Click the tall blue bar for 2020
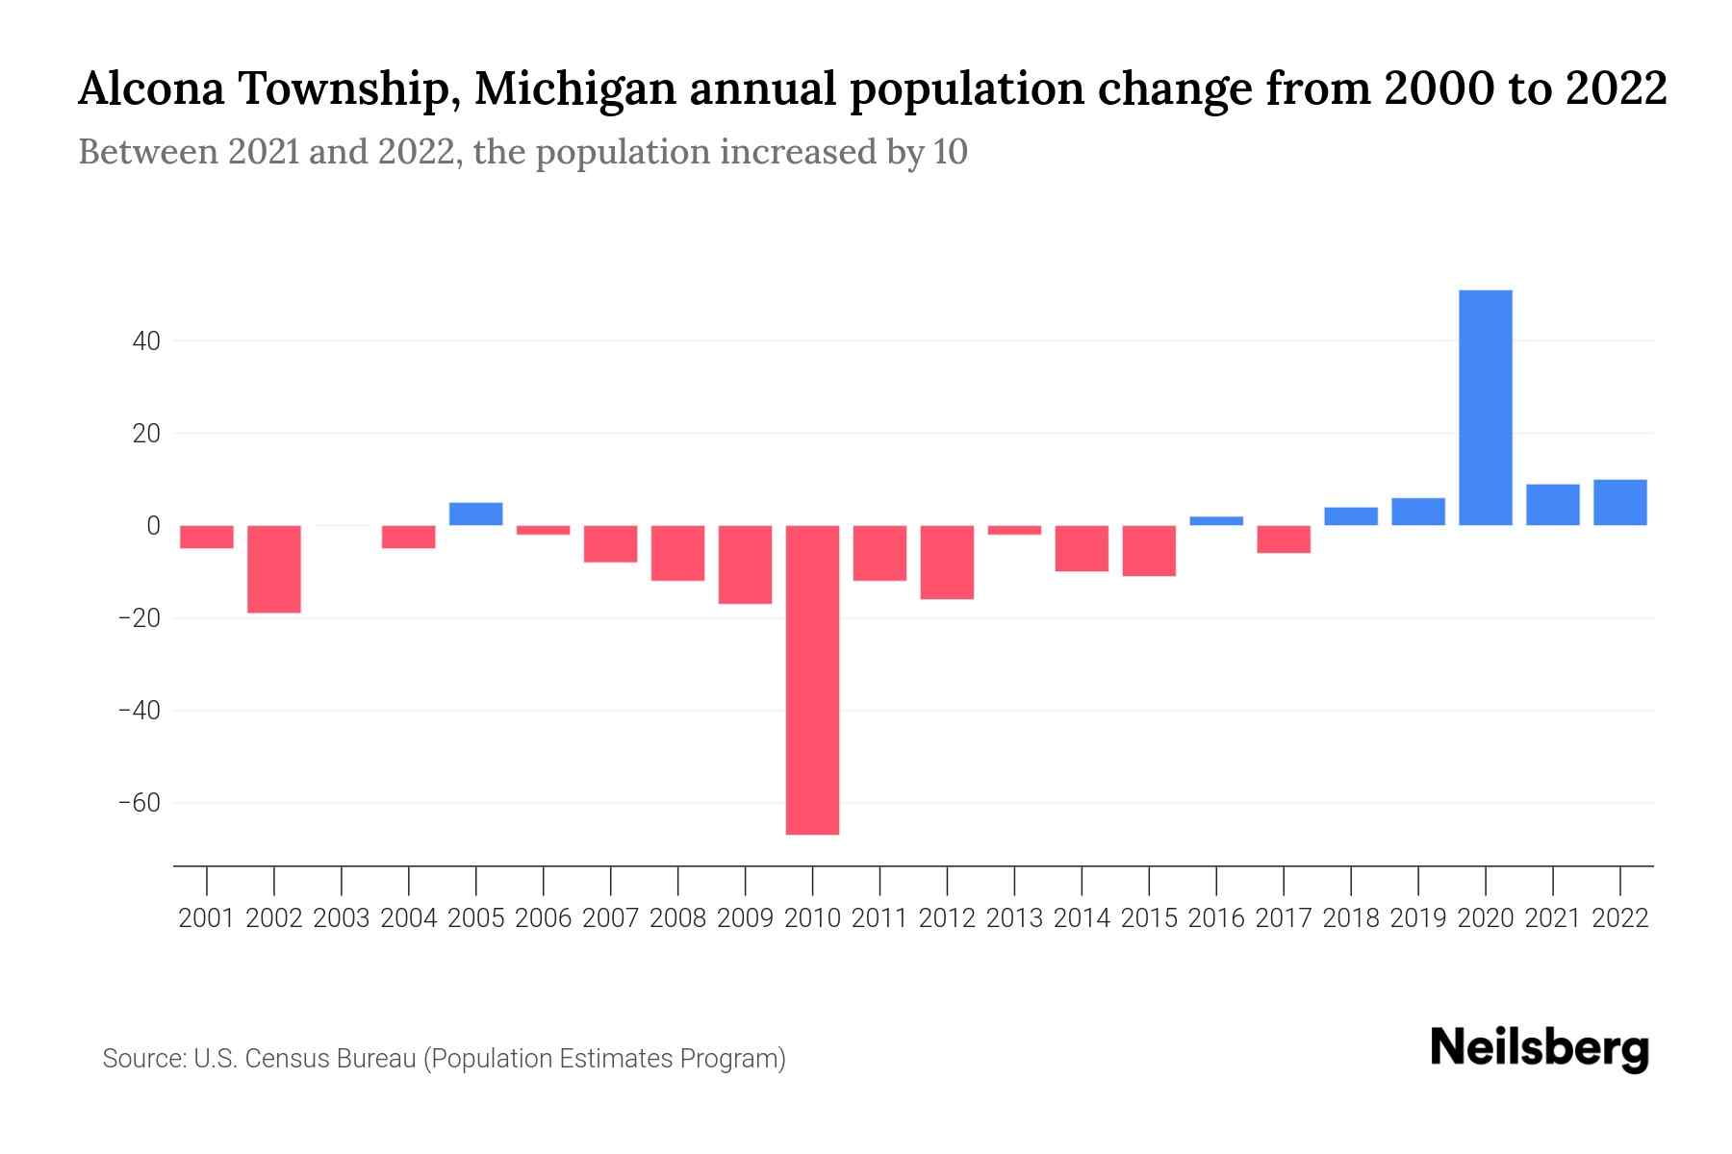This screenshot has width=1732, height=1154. [x=1486, y=408]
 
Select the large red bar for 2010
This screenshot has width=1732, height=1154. [x=812, y=680]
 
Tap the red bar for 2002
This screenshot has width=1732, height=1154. [x=274, y=569]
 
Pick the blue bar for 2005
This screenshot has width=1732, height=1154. [x=476, y=514]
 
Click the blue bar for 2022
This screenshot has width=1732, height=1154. [x=1620, y=503]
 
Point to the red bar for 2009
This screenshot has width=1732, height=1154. [x=746, y=564]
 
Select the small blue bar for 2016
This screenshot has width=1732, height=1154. [x=1216, y=521]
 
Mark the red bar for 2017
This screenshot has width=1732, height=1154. [x=1284, y=539]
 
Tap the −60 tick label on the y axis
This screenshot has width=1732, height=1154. [x=140, y=803]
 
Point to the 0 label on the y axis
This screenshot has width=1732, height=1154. [x=153, y=526]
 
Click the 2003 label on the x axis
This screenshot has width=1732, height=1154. [x=342, y=918]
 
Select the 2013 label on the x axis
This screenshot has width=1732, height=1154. [x=1014, y=918]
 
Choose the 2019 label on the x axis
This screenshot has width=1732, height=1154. [x=1418, y=918]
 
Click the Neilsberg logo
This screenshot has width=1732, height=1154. [x=1540, y=1048]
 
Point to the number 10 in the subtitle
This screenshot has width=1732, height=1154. [x=950, y=152]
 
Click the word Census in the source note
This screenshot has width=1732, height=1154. [x=284, y=1059]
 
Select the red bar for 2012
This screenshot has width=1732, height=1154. [x=947, y=563]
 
